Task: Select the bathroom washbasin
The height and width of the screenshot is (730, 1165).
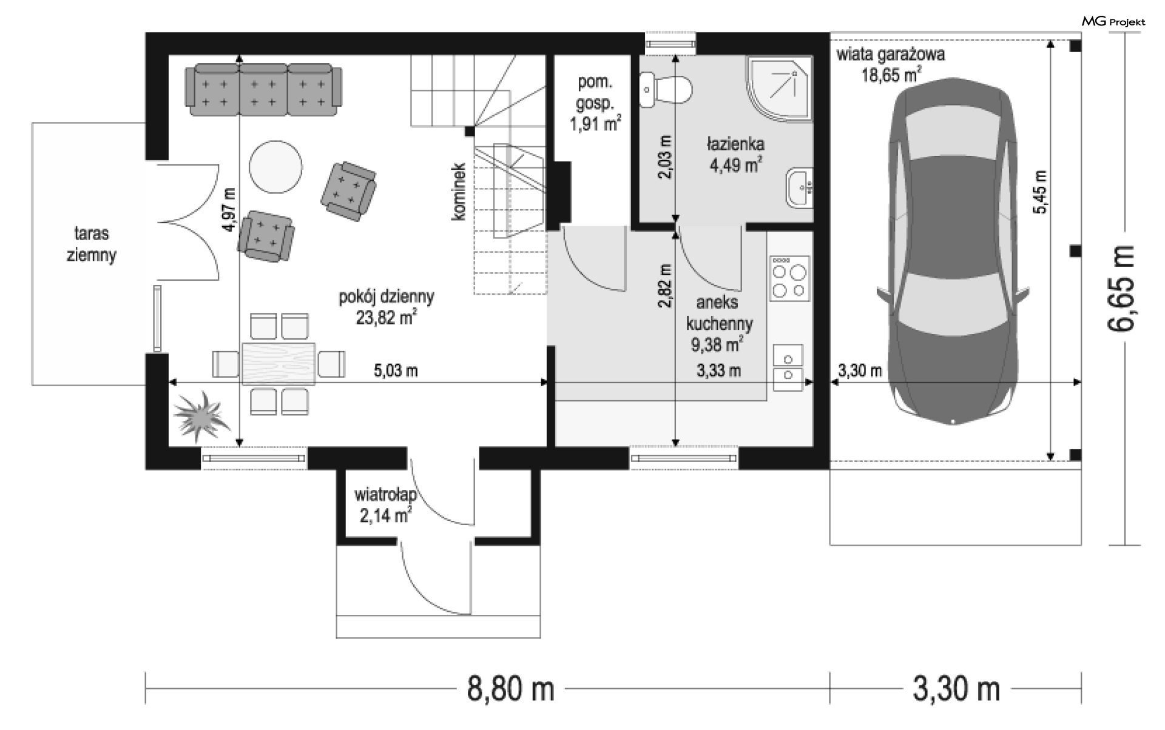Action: pyautogui.click(x=799, y=187)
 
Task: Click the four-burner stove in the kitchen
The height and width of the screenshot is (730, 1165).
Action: pyautogui.click(x=789, y=278)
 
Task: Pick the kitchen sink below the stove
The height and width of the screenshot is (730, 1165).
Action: pyautogui.click(x=788, y=367)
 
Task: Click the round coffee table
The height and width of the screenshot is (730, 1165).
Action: pyautogui.click(x=275, y=166)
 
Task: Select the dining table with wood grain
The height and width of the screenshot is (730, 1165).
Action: pyautogui.click(x=279, y=363)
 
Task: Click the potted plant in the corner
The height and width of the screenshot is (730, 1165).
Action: pyautogui.click(x=200, y=415)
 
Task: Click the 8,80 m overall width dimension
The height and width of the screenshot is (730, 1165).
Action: pyautogui.click(x=510, y=689)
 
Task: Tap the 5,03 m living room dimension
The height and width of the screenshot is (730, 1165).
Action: pyautogui.click(x=396, y=370)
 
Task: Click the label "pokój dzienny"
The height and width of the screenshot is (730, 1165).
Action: pyautogui.click(x=387, y=296)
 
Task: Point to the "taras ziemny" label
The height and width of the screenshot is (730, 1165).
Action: pyautogui.click(x=91, y=244)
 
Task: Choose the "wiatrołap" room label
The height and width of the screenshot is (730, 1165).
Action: pyautogui.click(x=385, y=495)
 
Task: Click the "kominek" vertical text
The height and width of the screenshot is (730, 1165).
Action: pyautogui.click(x=459, y=192)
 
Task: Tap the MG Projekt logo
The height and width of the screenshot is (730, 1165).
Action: pyautogui.click(x=1113, y=22)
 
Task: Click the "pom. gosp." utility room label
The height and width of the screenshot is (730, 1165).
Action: pyautogui.click(x=595, y=92)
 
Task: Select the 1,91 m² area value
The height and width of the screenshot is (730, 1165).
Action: pyautogui.click(x=595, y=124)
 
